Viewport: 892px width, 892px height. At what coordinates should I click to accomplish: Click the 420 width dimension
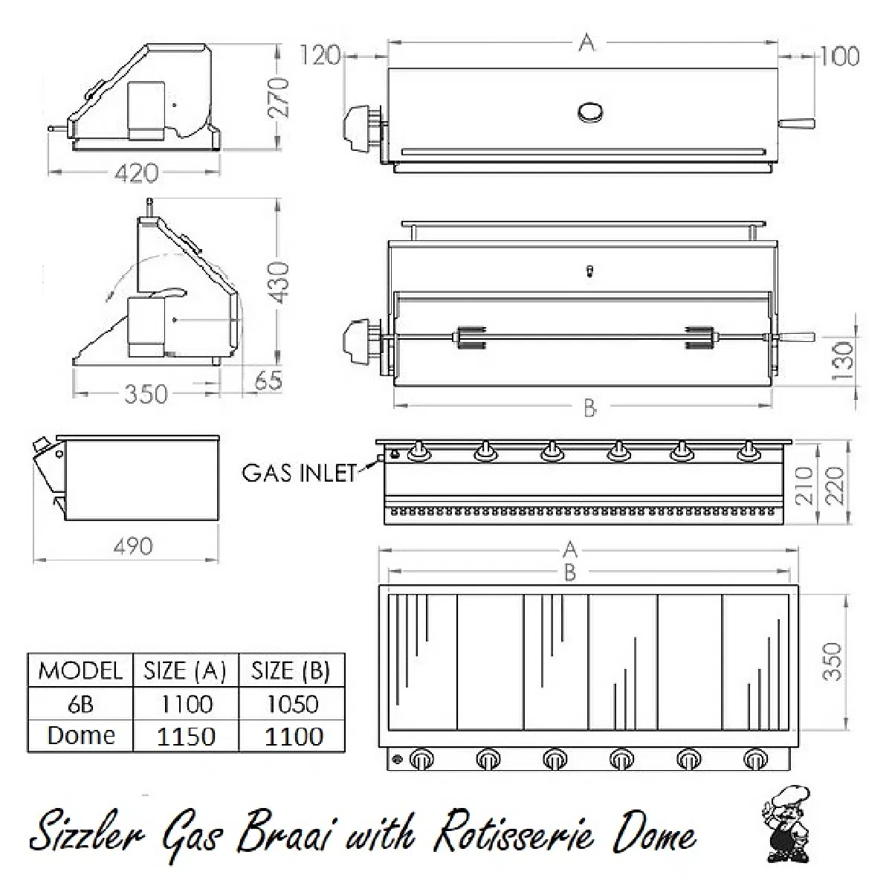click(x=136, y=173)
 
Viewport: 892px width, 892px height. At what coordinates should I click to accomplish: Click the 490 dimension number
click(x=133, y=546)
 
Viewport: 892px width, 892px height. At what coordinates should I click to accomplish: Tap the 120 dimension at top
click(x=320, y=55)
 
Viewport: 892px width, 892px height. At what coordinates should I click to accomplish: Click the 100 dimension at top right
click(x=839, y=56)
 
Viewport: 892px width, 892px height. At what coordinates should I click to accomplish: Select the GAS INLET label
click(x=300, y=474)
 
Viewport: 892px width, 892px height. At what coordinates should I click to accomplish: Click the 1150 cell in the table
click(x=186, y=736)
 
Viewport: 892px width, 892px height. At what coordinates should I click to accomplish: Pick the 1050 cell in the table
click(x=292, y=704)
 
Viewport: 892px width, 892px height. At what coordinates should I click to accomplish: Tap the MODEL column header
click(x=80, y=670)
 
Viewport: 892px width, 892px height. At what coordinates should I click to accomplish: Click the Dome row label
click(x=81, y=735)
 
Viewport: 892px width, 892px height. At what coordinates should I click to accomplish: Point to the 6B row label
click(x=80, y=704)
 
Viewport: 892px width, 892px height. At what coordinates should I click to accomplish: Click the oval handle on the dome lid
click(x=592, y=112)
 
